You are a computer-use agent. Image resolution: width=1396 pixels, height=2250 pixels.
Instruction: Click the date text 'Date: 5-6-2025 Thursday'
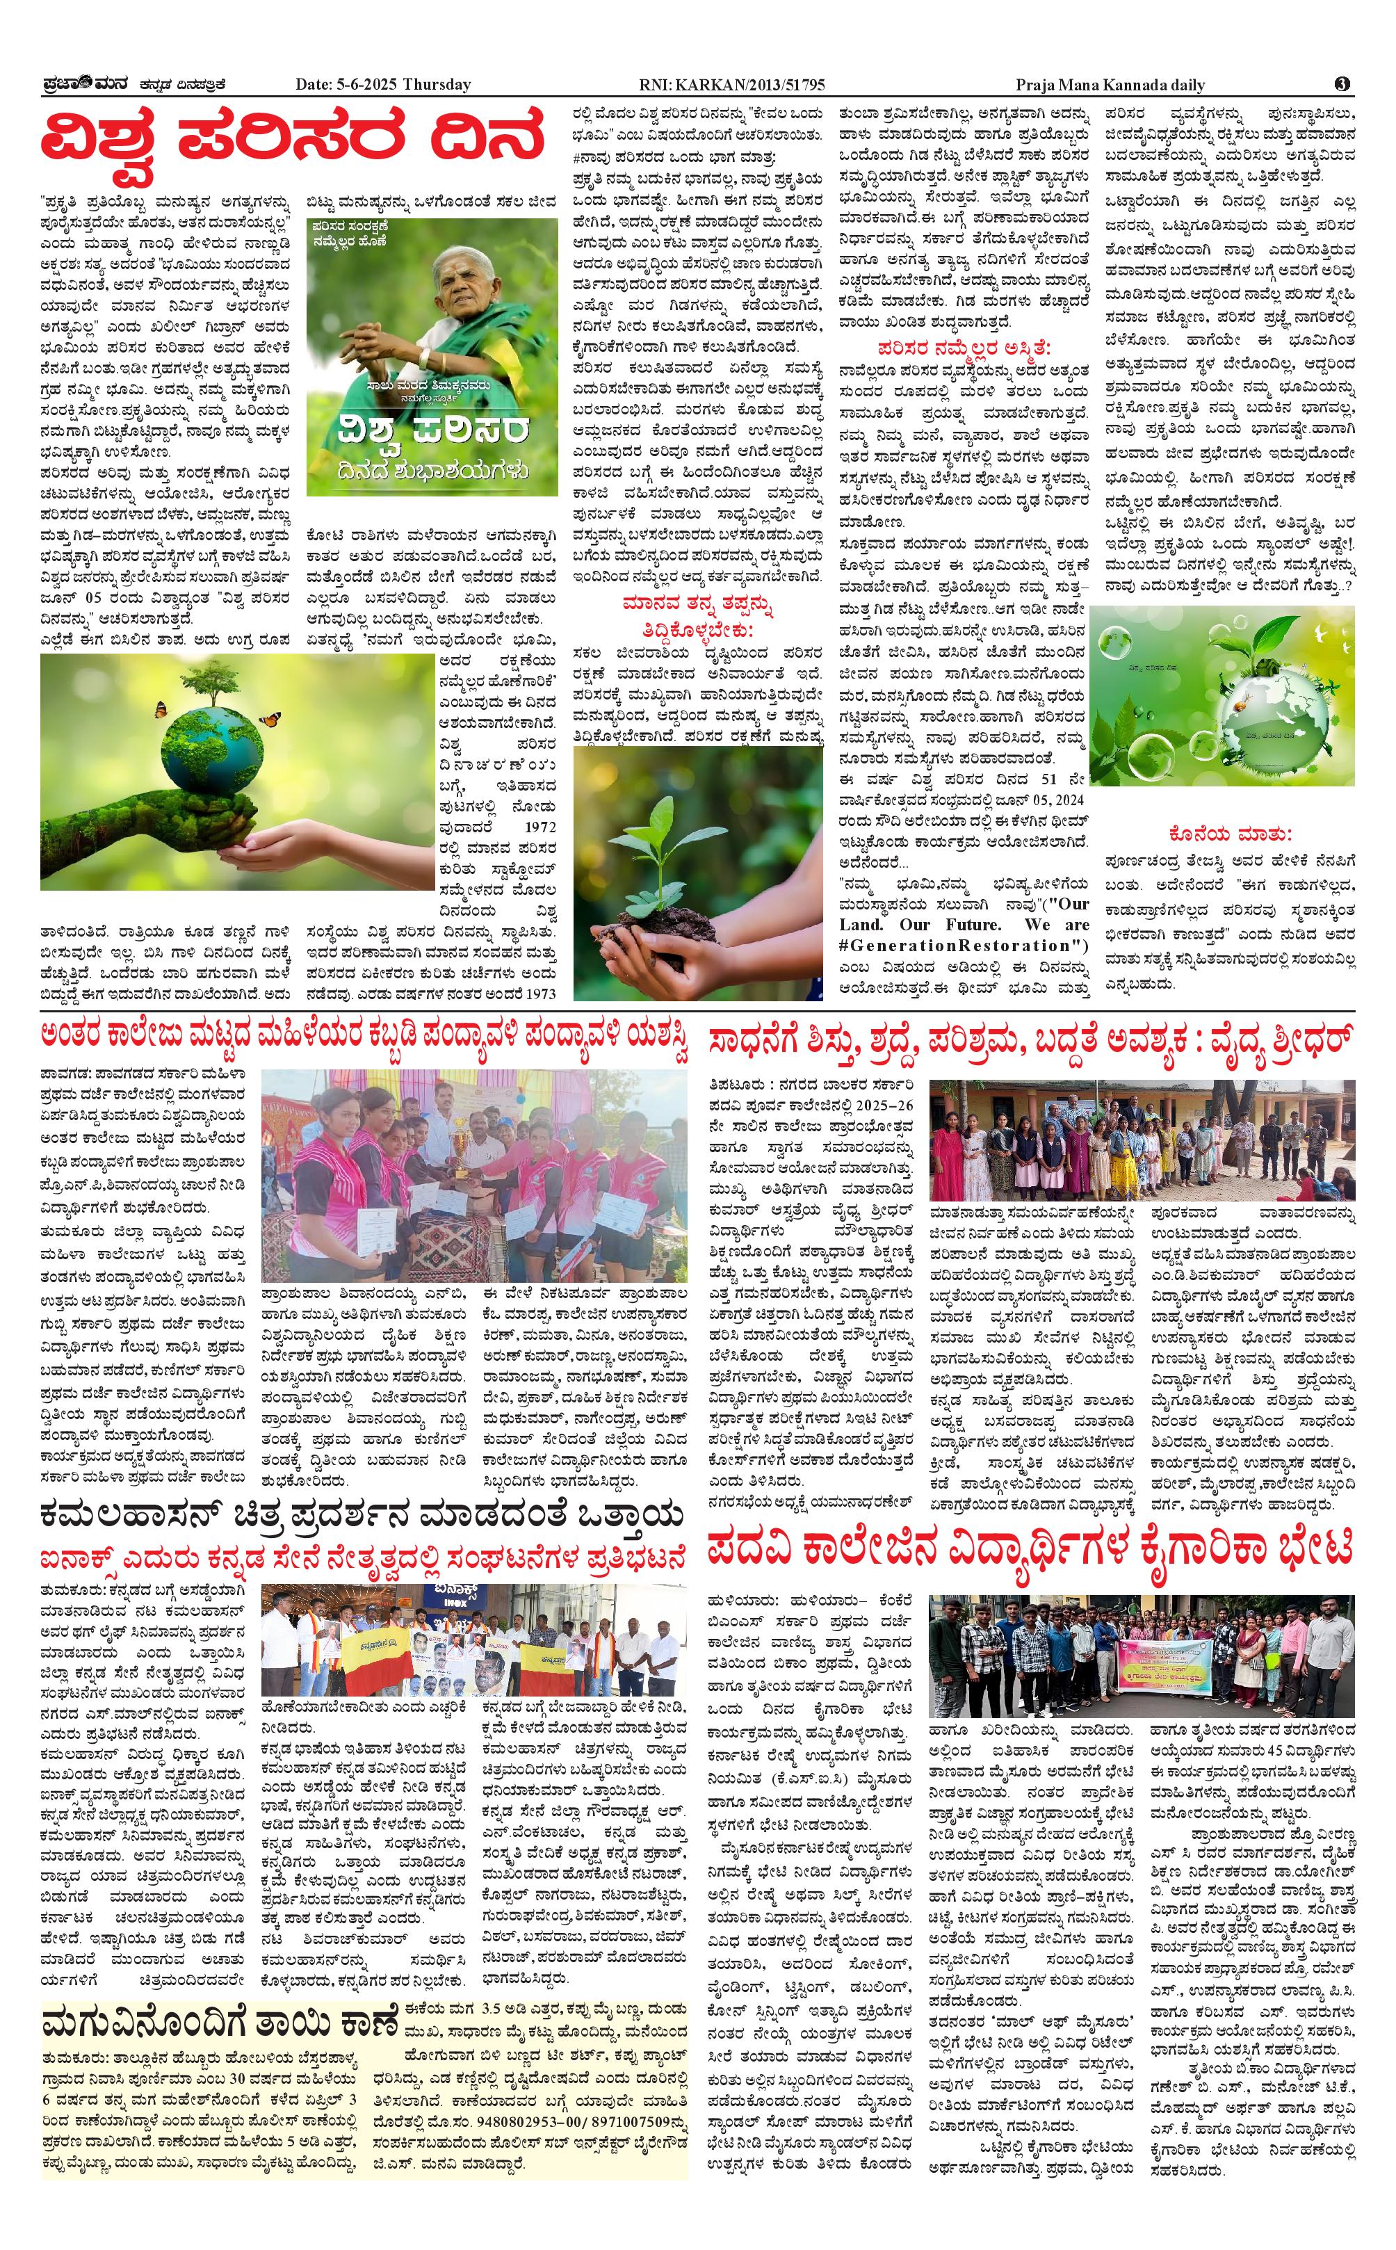[382, 85]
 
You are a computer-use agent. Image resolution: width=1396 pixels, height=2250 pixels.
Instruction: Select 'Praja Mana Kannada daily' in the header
[1110, 85]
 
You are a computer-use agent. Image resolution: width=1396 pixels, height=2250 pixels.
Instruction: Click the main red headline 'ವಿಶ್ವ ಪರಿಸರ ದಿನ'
[292, 138]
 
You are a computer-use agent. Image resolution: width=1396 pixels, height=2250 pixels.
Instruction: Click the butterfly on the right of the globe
[270, 718]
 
